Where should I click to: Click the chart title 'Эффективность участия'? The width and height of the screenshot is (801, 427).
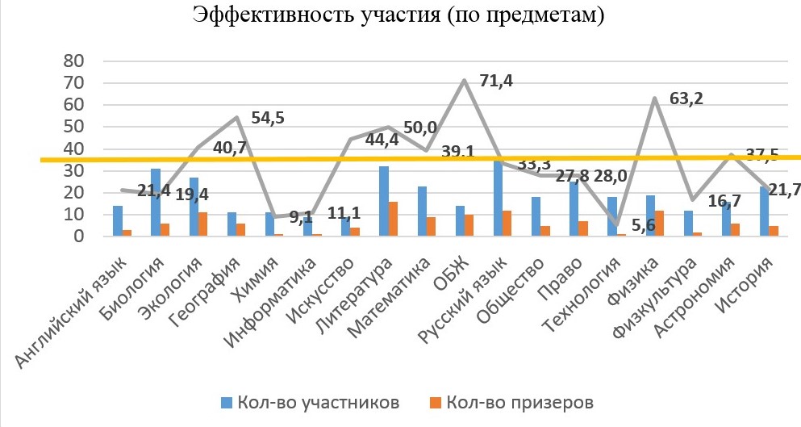(x=399, y=15)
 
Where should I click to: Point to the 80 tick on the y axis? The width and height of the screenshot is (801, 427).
(x=74, y=61)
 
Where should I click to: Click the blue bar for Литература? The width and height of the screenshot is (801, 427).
(x=383, y=202)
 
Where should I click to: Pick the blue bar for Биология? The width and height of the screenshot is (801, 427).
(x=155, y=203)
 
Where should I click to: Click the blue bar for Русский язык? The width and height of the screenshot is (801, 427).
(x=498, y=198)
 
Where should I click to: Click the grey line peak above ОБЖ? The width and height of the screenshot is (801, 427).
(x=465, y=80)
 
